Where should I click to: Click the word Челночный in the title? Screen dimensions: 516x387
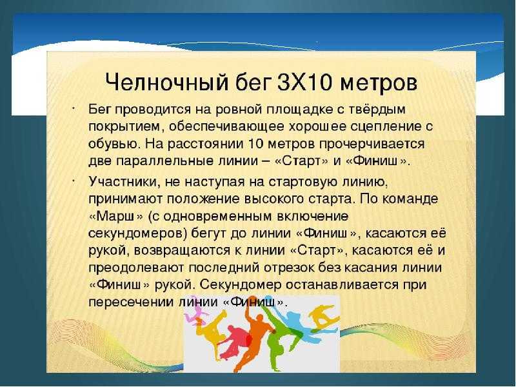click(166, 82)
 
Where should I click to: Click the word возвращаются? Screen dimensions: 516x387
click(183, 251)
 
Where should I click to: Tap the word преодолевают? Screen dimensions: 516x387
click(136, 268)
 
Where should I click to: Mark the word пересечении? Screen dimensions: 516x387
click(132, 302)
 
